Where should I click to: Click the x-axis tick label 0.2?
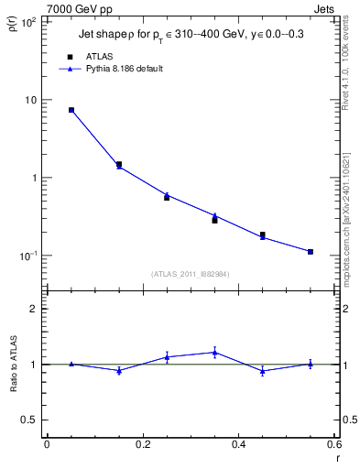pos(142,444)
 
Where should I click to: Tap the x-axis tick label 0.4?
pos(238,444)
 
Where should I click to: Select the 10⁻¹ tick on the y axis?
pos(27,256)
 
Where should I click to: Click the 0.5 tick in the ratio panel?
pos(29,420)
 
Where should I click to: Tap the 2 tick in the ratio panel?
pos(35,309)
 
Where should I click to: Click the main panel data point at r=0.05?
pos(71,110)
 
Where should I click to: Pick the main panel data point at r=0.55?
pos(311,251)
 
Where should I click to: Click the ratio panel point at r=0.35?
pos(214,352)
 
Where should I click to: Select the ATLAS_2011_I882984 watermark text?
pos(191,274)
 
